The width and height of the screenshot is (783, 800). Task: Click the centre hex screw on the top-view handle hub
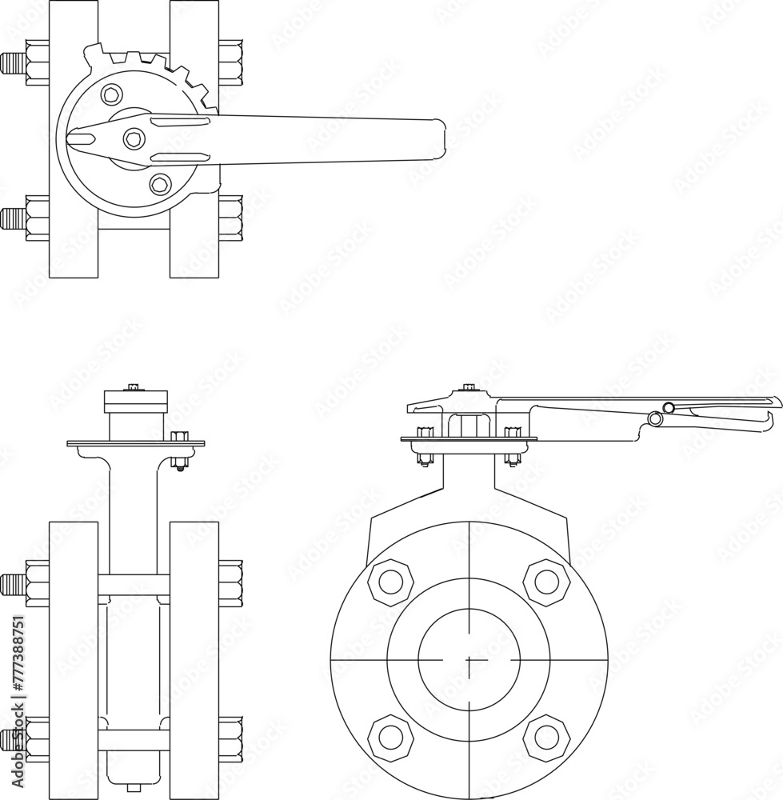(134, 139)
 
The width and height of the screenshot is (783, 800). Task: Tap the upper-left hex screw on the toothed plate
(112, 94)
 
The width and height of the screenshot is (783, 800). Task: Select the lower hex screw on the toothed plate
(160, 184)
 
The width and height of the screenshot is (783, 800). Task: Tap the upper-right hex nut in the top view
(230, 62)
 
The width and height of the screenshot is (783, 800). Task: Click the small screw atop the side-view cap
(134, 388)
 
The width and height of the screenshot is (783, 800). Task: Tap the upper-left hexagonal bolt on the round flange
(391, 582)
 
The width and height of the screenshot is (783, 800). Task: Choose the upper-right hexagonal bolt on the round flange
(546, 582)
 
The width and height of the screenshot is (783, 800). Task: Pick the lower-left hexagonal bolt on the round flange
(391, 737)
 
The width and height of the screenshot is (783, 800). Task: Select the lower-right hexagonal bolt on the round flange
(546, 737)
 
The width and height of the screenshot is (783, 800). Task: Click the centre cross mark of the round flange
(469, 659)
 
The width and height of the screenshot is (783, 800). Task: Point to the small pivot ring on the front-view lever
(657, 418)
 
